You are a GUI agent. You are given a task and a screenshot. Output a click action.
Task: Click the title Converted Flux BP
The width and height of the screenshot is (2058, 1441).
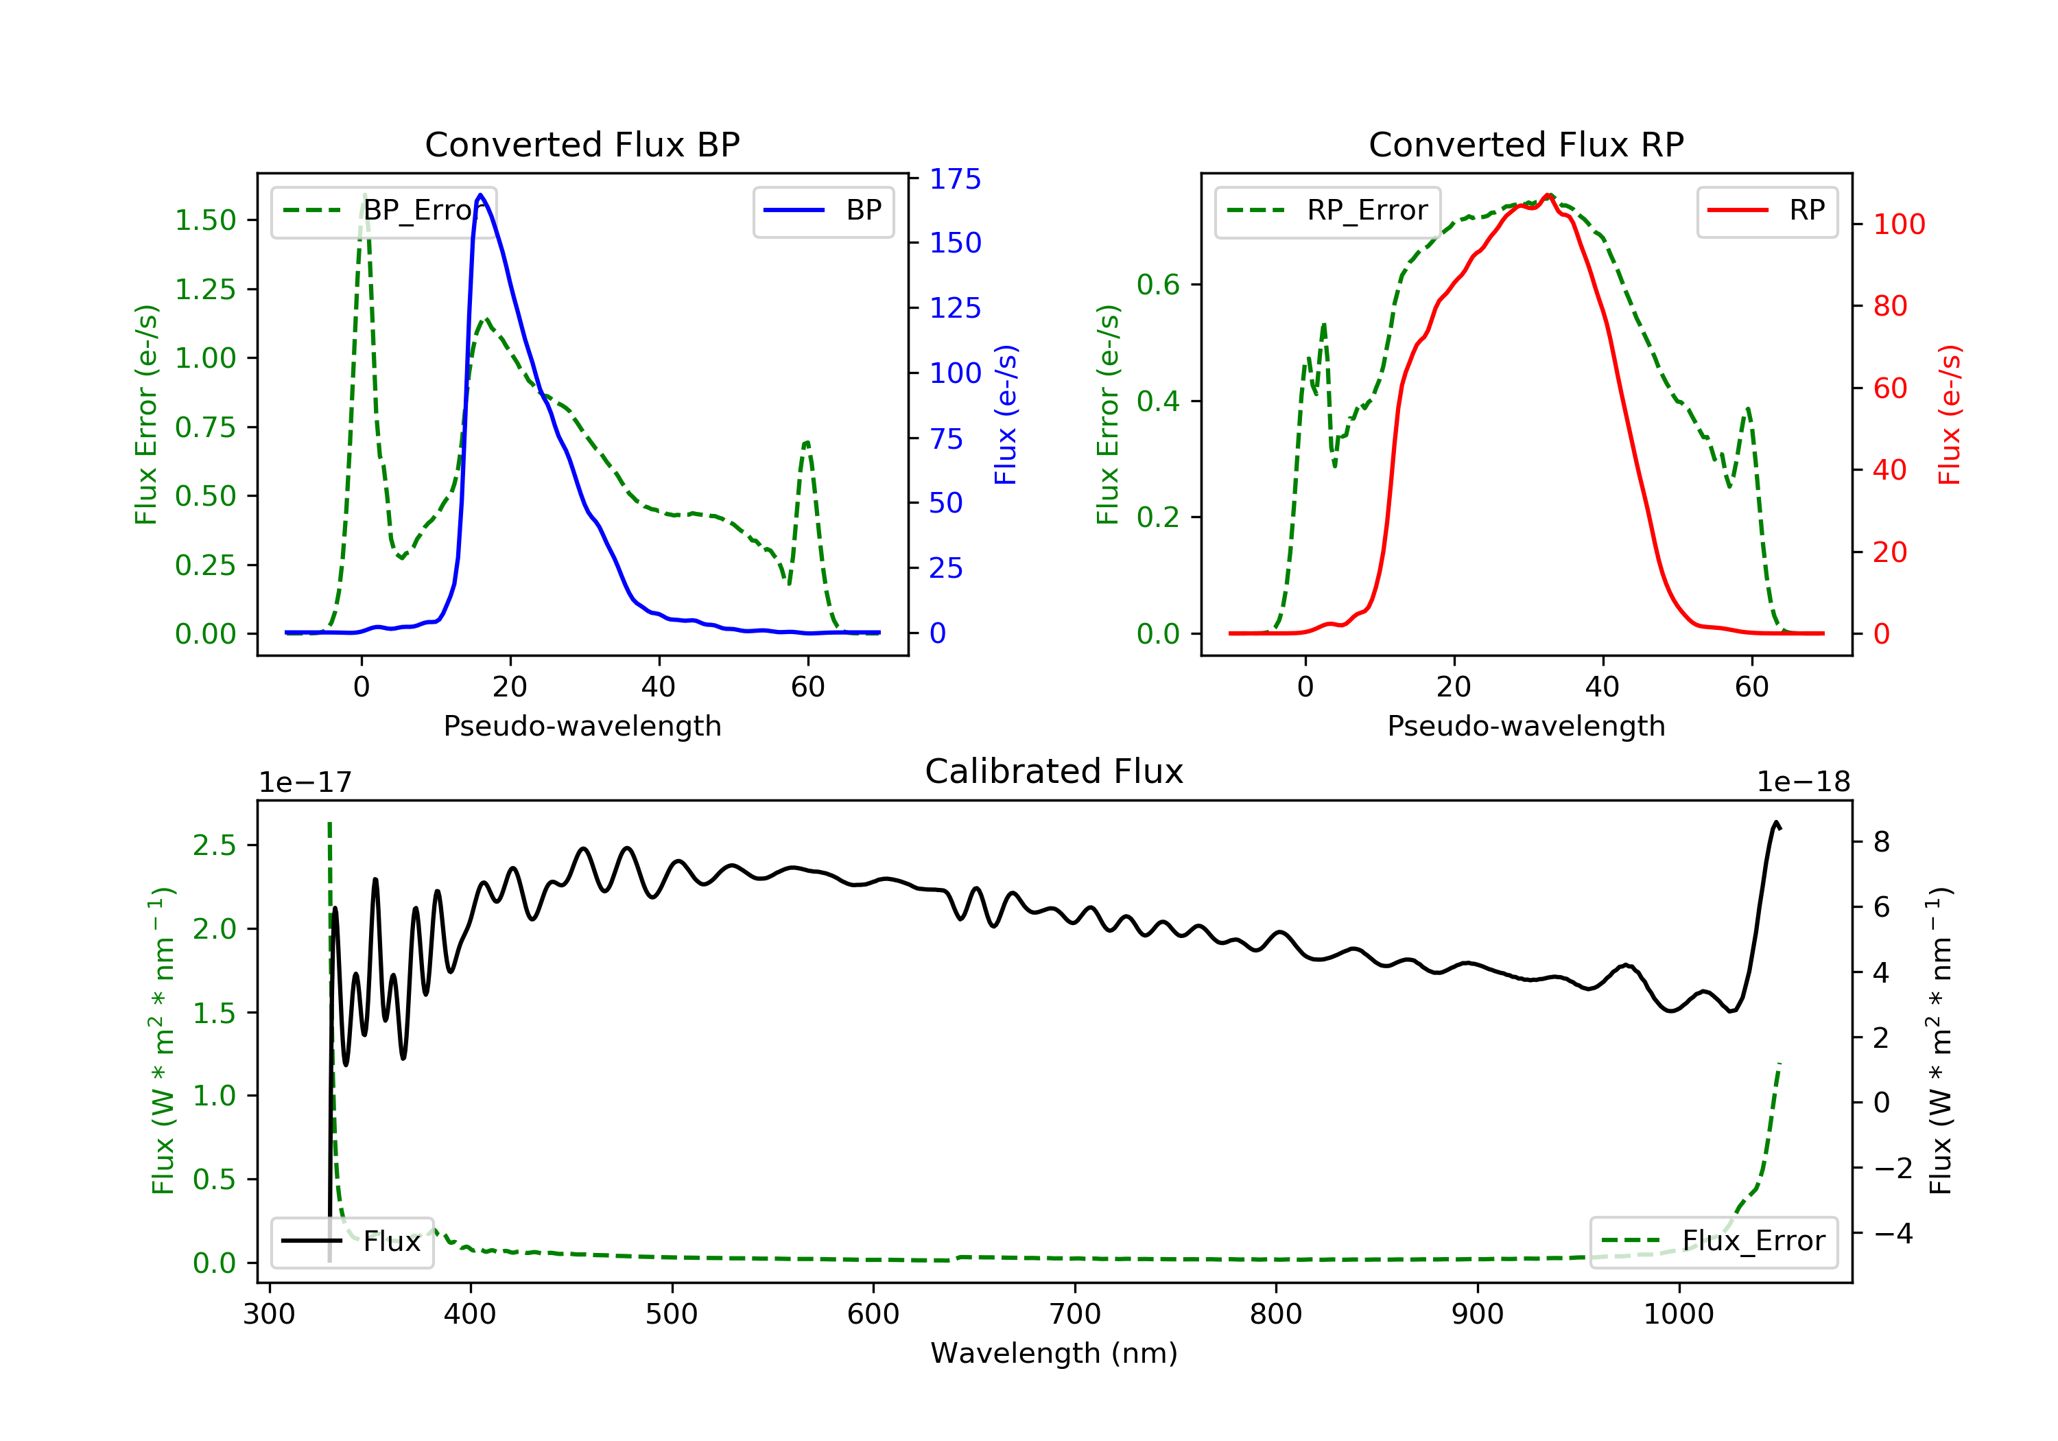tap(582, 144)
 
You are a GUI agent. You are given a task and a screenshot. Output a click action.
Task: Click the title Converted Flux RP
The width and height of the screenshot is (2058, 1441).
tap(1526, 144)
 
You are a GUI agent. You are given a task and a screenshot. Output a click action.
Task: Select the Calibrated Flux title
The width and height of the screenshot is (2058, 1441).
tap(1054, 771)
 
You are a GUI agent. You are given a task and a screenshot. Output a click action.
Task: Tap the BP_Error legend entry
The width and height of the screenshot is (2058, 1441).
tap(383, 211)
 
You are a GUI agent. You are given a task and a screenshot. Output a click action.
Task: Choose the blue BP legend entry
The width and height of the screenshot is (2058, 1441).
tap(823, 211)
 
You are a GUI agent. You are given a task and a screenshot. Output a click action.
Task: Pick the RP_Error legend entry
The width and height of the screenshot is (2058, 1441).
tap(1327, 211)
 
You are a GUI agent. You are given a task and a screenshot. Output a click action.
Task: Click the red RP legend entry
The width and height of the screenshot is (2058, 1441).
tap(1766, 211)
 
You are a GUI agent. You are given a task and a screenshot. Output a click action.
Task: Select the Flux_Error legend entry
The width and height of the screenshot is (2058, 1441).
tap(1714, 1241)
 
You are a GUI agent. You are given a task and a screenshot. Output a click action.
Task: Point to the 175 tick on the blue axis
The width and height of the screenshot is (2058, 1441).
tap(956, 179)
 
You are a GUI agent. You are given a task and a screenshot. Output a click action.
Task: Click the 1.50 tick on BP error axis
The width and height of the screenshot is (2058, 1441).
tap(205, 220)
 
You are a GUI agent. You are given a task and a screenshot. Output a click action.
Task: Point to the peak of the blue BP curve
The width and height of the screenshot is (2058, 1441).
tap(480, 195)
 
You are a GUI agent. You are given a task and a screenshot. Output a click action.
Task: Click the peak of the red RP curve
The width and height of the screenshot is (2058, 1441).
tap(1548, 195)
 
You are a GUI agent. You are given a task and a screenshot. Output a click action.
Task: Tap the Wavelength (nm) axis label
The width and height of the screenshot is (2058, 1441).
tap(1054, 1352)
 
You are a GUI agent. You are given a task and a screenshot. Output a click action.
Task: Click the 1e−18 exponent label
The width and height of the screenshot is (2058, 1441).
tap(1803, 782)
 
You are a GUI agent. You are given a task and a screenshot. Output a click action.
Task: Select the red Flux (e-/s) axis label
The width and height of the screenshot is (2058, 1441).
tap(1949, 415)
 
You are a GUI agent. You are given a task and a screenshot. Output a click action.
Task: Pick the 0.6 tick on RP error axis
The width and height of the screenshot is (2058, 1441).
tap(1158, 285)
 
